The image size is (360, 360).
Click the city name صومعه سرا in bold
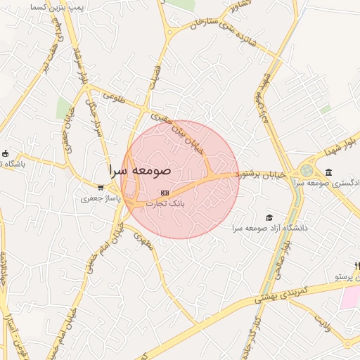pos(141,171)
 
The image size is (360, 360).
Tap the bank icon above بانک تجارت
pos(165,192)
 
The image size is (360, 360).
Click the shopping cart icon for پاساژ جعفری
pos(101,188)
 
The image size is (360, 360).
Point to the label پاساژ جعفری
pos(99,200)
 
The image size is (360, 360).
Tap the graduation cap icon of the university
pos(268,217)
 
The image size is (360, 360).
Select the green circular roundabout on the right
pos(307,170)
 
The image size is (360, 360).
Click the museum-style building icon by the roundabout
pos(329,172)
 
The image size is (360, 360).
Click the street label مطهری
pos(143,241)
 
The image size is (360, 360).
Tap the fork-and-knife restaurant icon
pos(357,266)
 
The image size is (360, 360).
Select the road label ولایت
pos(323,324)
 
